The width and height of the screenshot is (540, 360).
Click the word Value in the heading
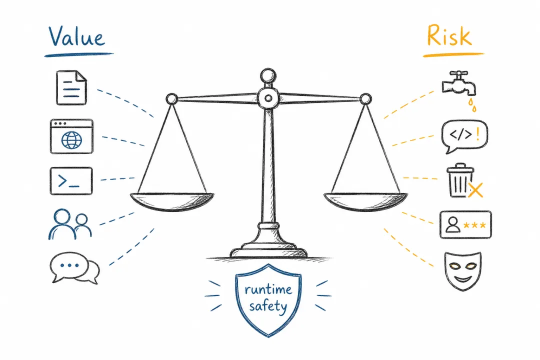pos(76,36)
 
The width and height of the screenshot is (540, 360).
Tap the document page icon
pos(71,87)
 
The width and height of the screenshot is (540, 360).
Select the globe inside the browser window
pos(71,139)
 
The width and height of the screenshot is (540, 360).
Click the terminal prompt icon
pos(71,181)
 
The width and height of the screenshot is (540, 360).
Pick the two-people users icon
pos(70,224)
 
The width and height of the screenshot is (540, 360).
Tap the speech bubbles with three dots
pos(74,268)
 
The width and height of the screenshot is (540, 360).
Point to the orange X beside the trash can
pos(475,190)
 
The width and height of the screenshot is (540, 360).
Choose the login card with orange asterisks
pos(465,224)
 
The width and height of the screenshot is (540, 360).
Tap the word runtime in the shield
pos(268,289)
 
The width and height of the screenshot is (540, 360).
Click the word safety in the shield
pos(268,306)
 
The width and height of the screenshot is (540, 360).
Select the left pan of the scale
pos(172,201)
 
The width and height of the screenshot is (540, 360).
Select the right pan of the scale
pos(365,201)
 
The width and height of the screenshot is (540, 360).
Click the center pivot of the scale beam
pos(268,98)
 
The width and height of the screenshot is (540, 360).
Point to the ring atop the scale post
pos(268,75)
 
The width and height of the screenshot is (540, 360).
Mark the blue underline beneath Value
pos(79,54)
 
